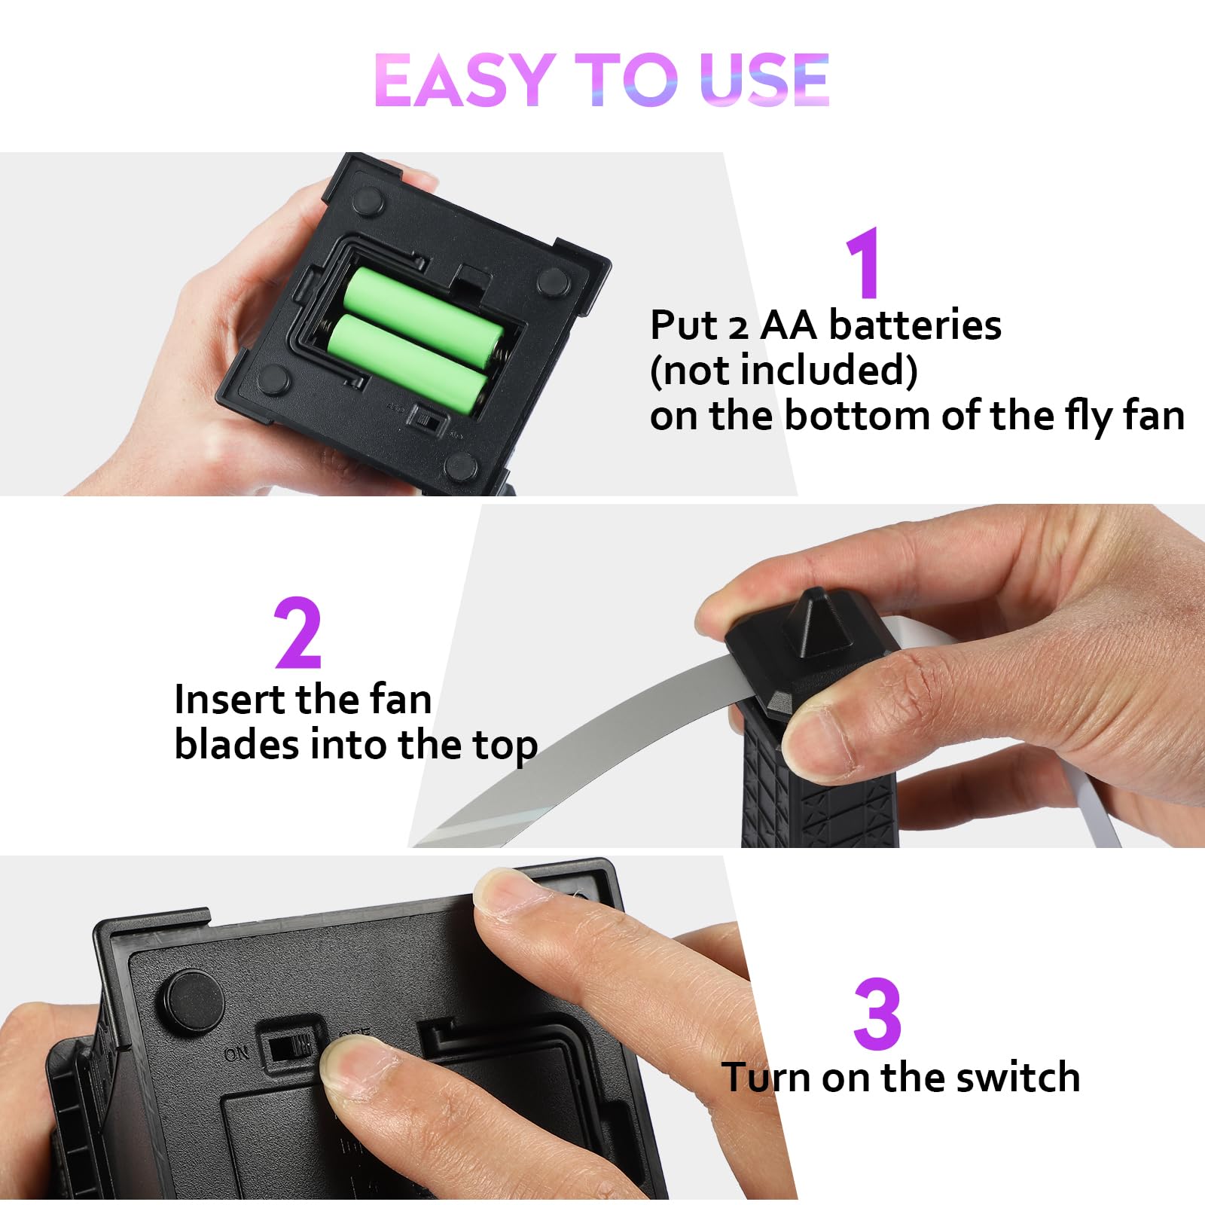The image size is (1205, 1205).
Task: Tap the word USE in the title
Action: click(x=764, y=79)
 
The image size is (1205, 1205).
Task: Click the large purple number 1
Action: click(x=864, y=263)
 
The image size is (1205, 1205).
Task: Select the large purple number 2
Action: click(x=298, y=633)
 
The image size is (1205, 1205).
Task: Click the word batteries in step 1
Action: click(x=915, y=325)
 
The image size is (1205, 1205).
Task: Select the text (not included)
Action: click(x=783, y=371)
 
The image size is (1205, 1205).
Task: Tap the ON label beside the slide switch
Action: click(x=236, y=1053)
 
